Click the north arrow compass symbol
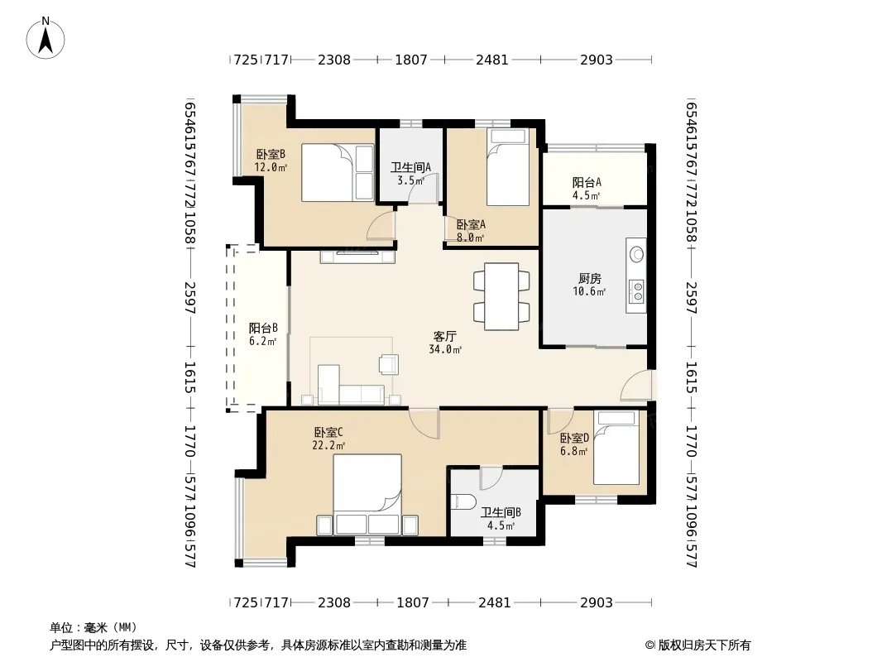click(46, 38)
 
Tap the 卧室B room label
click(271, 154)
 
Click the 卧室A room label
click(471, 224)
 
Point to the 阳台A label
click(587, 182)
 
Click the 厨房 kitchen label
click(589, 278)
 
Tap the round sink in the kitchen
click(637, 254)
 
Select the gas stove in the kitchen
click(638, 291)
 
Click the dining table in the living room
click(501, 296)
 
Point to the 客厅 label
click(444, 336)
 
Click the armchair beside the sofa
click(389, 364)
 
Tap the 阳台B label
click(263, 328)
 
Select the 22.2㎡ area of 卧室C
click(328, 445)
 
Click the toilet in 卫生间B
click(465, 501)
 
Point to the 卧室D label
click(574, 438)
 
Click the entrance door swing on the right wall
click(636, 386)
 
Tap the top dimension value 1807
click(411, 59)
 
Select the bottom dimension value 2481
click(495, 602)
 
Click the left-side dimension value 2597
click(189, 298)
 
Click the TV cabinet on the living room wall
click(357, 257)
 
